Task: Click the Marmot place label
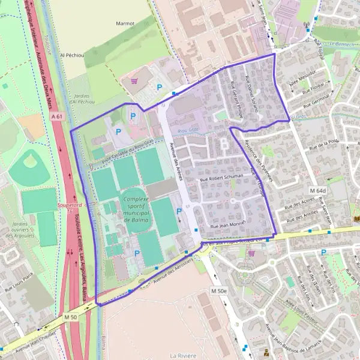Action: pos(125,23)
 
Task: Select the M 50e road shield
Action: pos(220,290)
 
